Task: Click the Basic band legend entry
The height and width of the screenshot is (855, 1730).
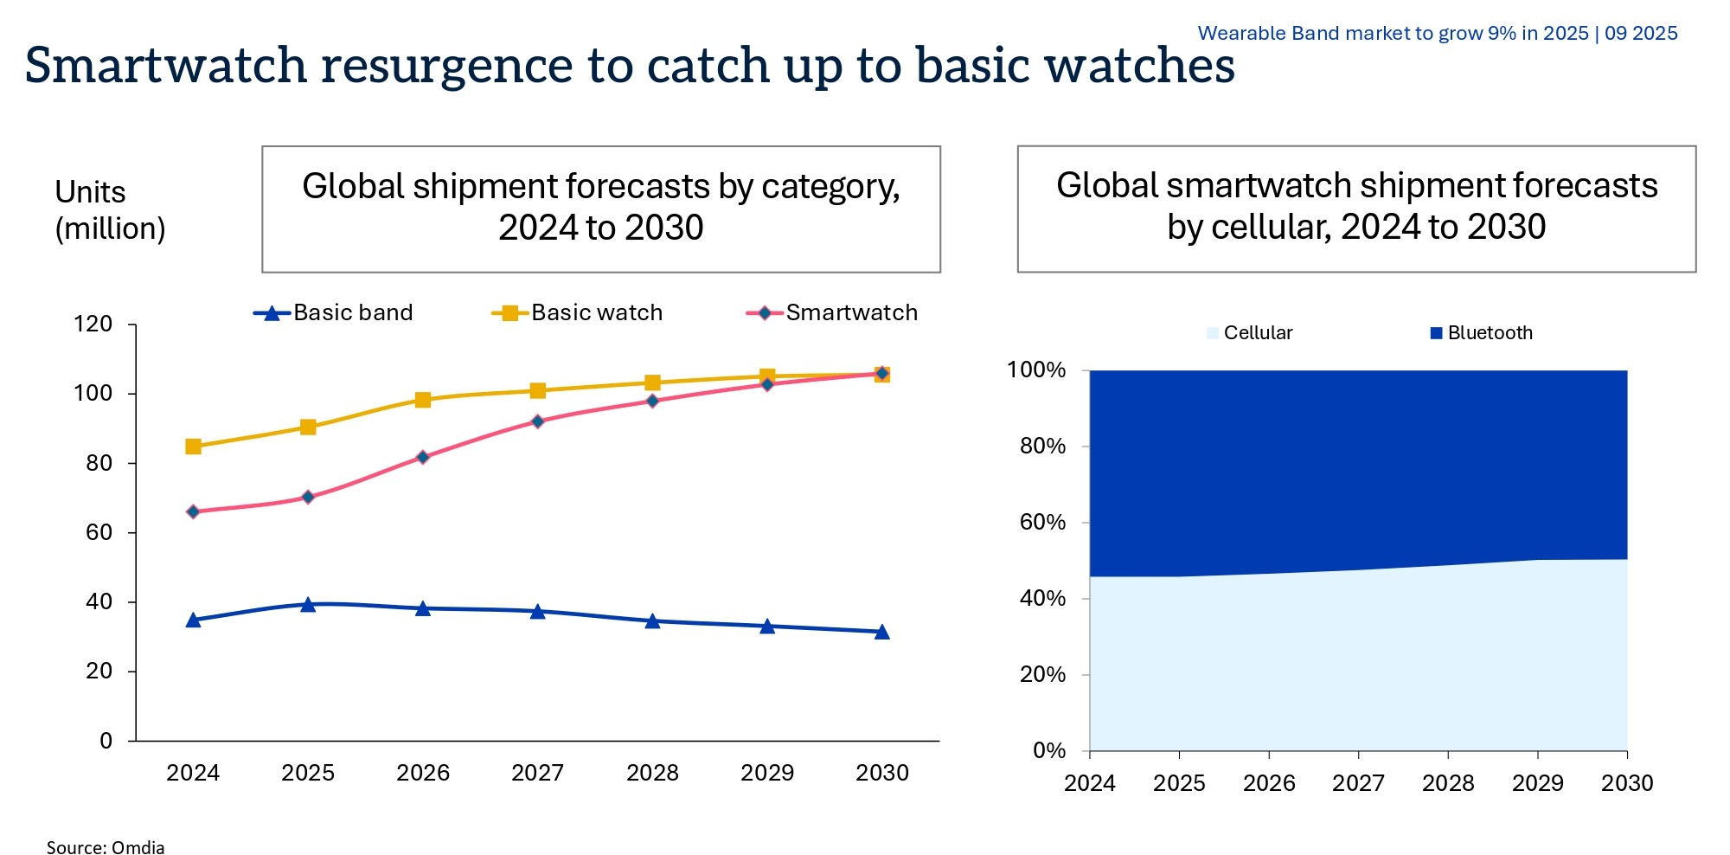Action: [x=334, y=312]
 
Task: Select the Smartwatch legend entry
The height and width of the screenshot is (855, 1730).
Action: [x=832, y=312]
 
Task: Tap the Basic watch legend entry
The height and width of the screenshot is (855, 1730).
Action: [x=578, y=312]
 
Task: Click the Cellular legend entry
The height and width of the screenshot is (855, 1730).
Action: [x=1250, y=333]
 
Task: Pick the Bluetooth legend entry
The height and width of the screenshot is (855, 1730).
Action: [x=1482, y=333]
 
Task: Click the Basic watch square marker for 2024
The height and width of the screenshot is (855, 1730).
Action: [x=193, y=447]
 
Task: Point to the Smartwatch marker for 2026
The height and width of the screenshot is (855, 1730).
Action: [x=423, y=457]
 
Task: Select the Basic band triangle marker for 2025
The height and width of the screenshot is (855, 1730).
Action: [x=308, y=604]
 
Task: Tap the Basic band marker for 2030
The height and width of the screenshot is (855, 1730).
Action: [x=881, y=632]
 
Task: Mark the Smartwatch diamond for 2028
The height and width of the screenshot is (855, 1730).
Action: [x=652, y=401]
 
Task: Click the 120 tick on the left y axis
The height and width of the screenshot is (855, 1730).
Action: [x=93, y=325]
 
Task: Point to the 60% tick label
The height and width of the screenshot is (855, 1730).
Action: [x=1042, y=522]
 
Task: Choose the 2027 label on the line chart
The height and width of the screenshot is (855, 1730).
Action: [x=537, y=773]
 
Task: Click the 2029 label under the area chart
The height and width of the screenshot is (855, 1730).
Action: [x=1537, y=783]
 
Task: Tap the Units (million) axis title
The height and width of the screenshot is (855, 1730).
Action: [x=109, y=210]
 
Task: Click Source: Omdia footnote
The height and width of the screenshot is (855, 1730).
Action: [x=105, y=847]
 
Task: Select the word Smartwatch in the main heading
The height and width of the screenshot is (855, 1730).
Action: [x=166, y=66]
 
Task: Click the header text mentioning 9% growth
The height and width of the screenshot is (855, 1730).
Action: [x=1437, y=33]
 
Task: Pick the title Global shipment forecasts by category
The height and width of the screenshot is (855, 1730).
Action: [x=600, y=208]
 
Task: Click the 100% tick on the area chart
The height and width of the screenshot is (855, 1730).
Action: [x=1036, y=370]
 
